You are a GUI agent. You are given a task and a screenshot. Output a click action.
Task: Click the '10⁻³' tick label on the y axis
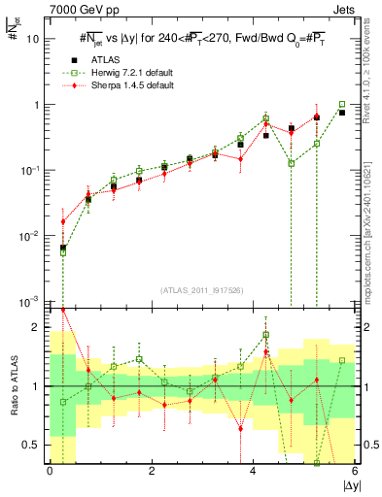click(x=31, y=302)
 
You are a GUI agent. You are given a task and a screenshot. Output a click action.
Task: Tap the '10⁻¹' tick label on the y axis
click(x=31, y=171)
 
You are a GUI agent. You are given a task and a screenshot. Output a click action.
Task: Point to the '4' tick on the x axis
click(x=253, y=472)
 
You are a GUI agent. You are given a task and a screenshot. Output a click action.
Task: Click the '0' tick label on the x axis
click(x=50, y=472)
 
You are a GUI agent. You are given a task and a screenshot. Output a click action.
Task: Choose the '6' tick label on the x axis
click(x=354, y=472)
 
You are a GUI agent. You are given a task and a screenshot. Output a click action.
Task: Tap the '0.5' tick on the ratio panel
click(x=34, y=445)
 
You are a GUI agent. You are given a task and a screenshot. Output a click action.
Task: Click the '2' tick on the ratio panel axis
click(x=39, y=327)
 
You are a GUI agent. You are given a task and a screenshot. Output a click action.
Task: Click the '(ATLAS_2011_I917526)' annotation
click(x=201, y=289)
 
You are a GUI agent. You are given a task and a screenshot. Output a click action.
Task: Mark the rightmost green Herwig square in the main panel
click(x=341, y=104)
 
